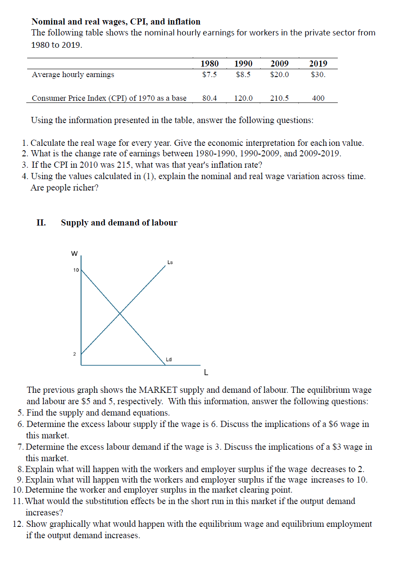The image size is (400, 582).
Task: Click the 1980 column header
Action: point(209,63)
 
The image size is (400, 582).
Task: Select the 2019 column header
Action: point(318,63)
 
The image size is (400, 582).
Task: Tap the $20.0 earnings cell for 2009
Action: point(280,74)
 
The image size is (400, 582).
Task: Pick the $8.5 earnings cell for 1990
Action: point(243,74)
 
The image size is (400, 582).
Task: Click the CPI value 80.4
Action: point(209,98)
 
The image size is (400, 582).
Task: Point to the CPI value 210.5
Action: point(280,98)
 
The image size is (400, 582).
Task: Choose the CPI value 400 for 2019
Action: point(318,98)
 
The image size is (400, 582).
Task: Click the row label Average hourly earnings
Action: point(73,74)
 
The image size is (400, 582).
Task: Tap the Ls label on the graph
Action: point(170,262)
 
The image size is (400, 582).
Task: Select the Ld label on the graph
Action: point(169,360)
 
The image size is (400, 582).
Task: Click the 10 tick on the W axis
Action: point(76,270)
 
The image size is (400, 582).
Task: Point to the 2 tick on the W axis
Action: point(74,354)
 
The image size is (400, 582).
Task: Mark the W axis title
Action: point(74,254)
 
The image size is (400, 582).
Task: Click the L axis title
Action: point(206,373)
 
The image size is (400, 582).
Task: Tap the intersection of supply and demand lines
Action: point(120,313)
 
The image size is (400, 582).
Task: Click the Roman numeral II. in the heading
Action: point(41,222)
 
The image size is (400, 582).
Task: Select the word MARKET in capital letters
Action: point(158,390)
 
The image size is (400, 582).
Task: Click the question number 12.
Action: point(18,524)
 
